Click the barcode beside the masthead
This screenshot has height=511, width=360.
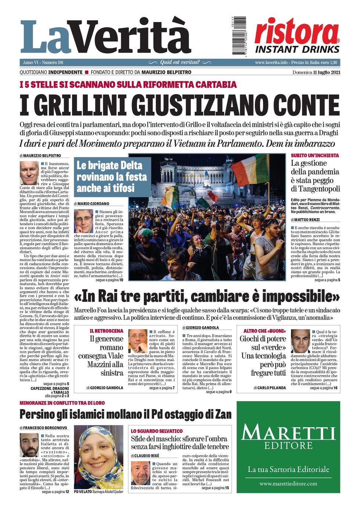tap(234, 36)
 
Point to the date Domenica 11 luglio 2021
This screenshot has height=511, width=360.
tap(316, 72)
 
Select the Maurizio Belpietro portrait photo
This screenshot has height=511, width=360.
tap(29, 173)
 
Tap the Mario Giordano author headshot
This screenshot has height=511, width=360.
tap(84, 221)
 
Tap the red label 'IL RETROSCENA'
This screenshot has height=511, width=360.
tap(107, 331)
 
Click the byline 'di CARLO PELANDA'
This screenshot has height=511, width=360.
tap(270, 388)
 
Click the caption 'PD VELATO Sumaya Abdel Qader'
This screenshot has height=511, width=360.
tap(98, 492)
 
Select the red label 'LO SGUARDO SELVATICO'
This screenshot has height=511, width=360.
tap(157, 431)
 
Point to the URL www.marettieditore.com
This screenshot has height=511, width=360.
tap(288, 483)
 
